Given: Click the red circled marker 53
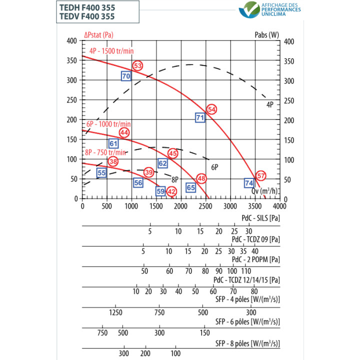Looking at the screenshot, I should (137, 65).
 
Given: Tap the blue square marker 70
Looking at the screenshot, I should (126, 76).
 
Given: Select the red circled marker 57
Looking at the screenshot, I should (260, 175).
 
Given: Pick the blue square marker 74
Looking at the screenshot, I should (249, 183).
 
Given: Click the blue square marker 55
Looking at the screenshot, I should (101, 173).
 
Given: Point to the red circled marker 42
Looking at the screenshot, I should (171, 191).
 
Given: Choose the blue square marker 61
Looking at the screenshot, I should (113, 144).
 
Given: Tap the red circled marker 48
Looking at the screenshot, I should (201, 178).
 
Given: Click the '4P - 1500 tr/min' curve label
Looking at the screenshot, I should (112, 51).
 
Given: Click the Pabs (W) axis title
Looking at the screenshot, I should (266, 35).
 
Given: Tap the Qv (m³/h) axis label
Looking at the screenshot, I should (265, 190).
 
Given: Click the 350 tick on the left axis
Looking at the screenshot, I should (72, 60).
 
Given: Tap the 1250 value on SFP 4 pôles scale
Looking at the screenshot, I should (115, 312).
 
